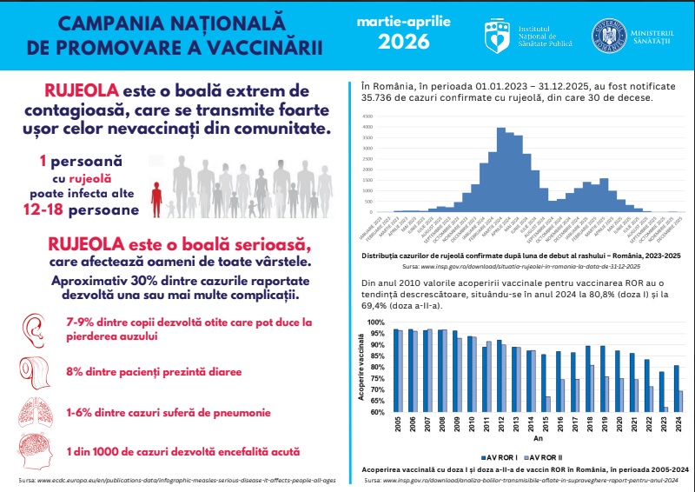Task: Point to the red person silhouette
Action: point(156,199)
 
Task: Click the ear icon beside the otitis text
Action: point(32,329)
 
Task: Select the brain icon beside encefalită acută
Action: point(33,452)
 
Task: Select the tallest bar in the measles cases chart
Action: point(501,170)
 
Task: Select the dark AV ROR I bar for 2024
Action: point(676,389)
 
